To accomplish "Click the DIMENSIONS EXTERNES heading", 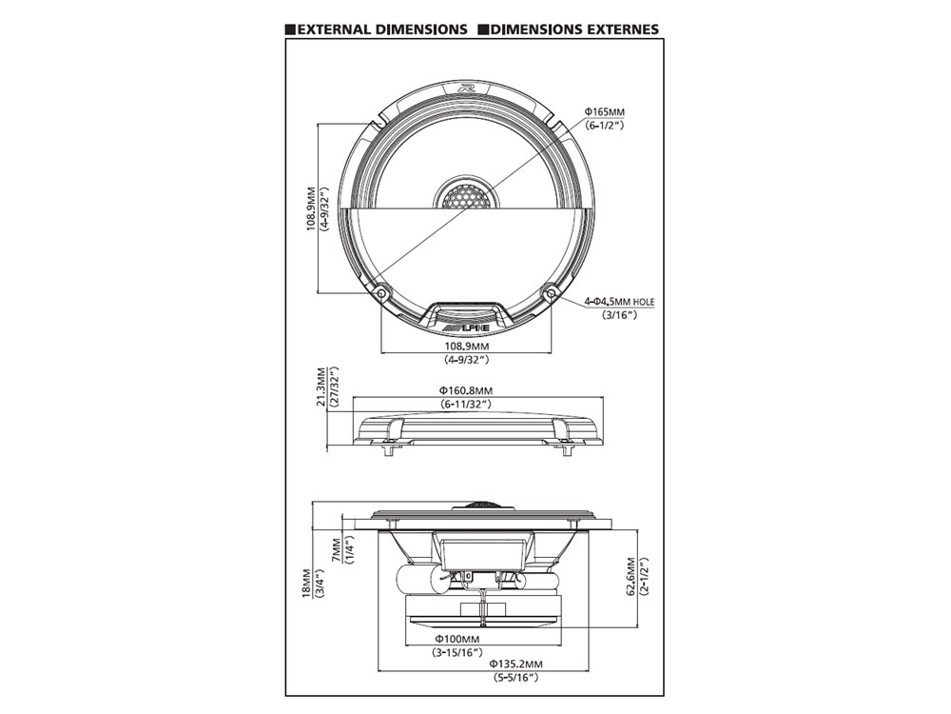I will click(574, 29).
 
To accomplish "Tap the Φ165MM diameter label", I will click(603, 112).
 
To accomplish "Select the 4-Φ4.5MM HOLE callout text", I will click(619, 302).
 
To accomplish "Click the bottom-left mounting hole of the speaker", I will click(380, 292).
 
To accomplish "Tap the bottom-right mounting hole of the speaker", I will click(551, 292).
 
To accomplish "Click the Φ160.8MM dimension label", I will click(466, 390).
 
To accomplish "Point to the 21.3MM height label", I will click(321, 389).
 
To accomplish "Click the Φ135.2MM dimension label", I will click(514, 664).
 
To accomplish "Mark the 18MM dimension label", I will click(307, 584).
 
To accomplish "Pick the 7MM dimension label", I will click(336, 551).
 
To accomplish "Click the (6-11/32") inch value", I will click(466, 405).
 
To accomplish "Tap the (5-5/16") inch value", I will click(514, 678).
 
